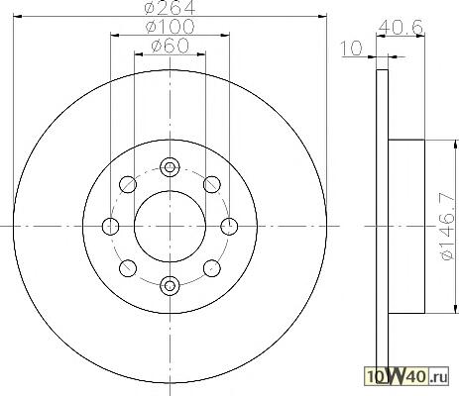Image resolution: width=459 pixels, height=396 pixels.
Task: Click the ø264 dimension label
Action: pyautogui.click(x=170, y=7)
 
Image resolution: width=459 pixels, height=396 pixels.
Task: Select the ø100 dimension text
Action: pyautogui.click(x=170, y=27)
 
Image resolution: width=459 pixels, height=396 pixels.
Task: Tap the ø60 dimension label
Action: pyautogui.click(x=170, y=46)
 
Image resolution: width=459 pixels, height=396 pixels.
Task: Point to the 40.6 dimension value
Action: pyautogui.click(x=401, y=27)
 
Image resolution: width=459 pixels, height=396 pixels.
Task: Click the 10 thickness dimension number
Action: pyautogui.click(x=352, y=49)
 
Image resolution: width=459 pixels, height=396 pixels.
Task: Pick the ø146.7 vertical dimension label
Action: pyautogui.click(x=448, y=227)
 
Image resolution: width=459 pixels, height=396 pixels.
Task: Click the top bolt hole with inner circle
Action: pyautogui.click(x=170, y=167)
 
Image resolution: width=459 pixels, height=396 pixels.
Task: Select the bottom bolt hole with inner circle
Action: pyautogui.click(x=170, y=285)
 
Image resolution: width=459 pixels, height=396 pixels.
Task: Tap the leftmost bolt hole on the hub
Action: pyautogui.click(x=111, y=227)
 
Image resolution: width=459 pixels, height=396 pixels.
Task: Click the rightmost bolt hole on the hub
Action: pyautogui.click(x=229, y=227)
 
